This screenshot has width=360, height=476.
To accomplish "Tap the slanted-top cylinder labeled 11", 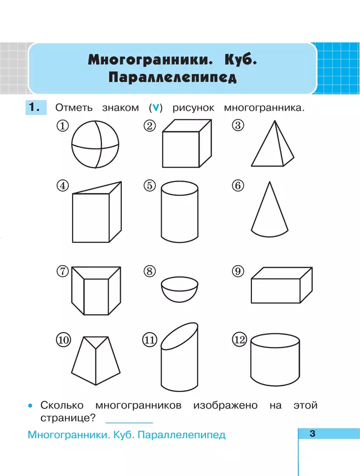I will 179,359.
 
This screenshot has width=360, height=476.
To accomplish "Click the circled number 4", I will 63,186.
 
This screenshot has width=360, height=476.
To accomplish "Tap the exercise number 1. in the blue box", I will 35,108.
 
